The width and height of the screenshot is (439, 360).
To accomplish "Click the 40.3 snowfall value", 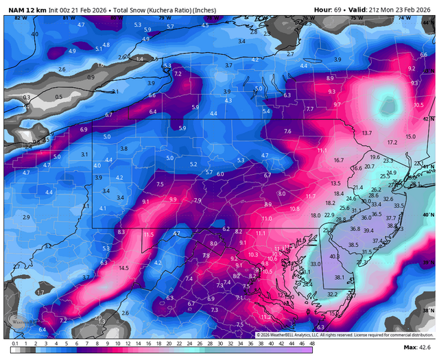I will [x=335, y=256].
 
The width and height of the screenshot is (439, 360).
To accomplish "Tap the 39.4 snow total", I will [x=368, y=230].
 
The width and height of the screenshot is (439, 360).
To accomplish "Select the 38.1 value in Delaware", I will [x=339, y=277].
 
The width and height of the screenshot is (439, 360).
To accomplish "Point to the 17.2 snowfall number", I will [x=392, y=142].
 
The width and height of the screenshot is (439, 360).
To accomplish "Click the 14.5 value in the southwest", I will [x=123, y=268].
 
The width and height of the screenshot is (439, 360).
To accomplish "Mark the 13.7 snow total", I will [x=367, y=132].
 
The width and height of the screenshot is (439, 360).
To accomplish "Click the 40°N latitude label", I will [x=430, y=215].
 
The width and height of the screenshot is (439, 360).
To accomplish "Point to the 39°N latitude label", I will [x=430, y=262].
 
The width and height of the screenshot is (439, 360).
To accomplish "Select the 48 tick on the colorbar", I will [x=312, y=342].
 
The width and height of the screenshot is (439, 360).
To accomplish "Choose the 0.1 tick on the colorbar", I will [x=14, y=342].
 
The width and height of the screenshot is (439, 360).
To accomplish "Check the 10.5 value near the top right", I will [x=419, y=105].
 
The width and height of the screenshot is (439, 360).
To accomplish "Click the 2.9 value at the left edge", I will [x=26, y=217].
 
